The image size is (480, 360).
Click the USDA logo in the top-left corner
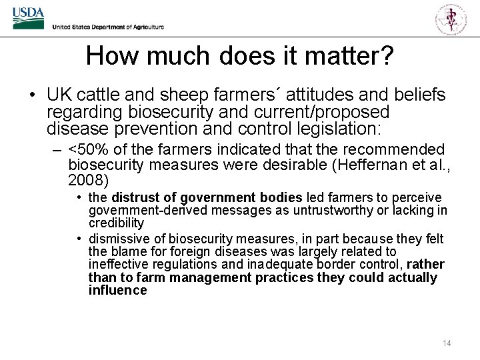[x=28, y=18]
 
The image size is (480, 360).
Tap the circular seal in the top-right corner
[x=451, y=18]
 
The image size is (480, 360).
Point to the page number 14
[x=447, y=343]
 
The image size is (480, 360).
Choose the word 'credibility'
[x=116, y=223]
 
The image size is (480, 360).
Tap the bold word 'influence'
[x=117, y=290]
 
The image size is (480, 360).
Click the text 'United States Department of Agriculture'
[x=107, y=27]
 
